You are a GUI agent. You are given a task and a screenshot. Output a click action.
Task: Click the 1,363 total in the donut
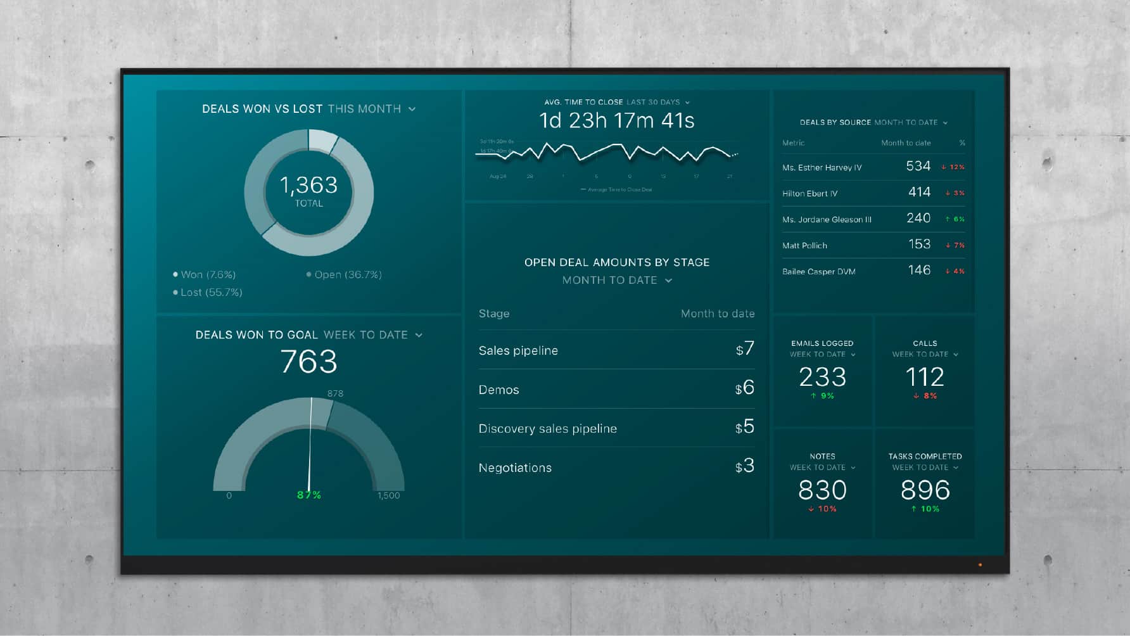pos(308,185)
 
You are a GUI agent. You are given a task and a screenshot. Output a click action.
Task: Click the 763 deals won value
pos(308,362)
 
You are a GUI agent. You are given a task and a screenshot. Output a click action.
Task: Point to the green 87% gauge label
pos(309,495)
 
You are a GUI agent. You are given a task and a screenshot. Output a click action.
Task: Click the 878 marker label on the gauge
pos(335,393)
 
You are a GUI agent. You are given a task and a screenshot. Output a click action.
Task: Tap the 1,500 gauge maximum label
pos(388,495)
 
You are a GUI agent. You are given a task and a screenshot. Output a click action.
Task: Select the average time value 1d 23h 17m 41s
pos(616,120)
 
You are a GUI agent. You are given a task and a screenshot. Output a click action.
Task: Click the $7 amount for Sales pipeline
pos(745,348)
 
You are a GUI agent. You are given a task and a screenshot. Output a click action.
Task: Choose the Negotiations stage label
pos(515,467)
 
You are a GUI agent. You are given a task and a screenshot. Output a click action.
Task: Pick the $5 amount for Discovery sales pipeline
pos(745,427)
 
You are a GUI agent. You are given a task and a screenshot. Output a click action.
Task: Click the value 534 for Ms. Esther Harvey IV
pos(918,166)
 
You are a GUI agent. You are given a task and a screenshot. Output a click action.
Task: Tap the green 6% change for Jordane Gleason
pos(955,219)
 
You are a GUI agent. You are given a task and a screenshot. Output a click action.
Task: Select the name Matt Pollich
pos(804,245)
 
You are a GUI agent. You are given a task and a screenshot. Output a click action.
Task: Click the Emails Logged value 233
pos(822,377)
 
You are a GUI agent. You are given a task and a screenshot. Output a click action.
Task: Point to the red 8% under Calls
pos(925,396)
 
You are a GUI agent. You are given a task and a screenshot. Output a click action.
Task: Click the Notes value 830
pos(822,490)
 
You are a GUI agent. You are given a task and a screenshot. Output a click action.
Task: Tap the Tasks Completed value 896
pos(925,490)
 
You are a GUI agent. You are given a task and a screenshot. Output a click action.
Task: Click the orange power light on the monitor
pos(980,564)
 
